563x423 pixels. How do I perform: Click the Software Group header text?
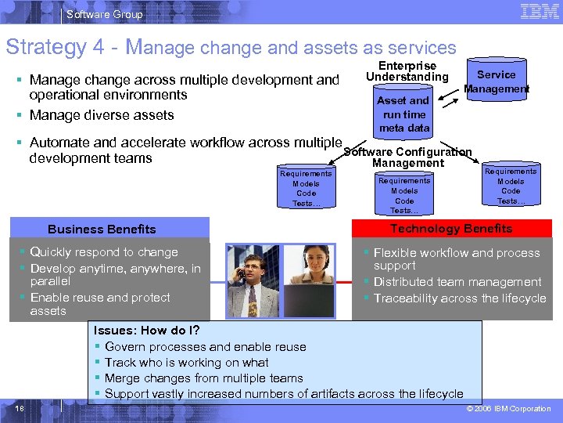pyautogui.click(x=105, y=14)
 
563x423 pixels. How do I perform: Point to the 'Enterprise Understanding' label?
pyautogui.click(x=407, y=71)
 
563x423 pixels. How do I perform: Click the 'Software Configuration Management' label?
pyautogui.click(x=408, y=157)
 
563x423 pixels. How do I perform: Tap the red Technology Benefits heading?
pyautogui.click(x=451, y=229)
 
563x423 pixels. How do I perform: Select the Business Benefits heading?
pyautogui.click(x=102, y=230)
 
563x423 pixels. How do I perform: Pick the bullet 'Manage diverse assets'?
pyautogui.click(x=102, y=115)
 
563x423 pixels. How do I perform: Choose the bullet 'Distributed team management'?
pyautogui.click(x=457, y=282)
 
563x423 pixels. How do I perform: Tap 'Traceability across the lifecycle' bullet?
pyautogui.click(x=460, y=298)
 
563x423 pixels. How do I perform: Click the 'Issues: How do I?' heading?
pyautogui.click(x=146, y=331)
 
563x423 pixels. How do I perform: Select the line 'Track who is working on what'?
pyautogui.click(x=186, y=363)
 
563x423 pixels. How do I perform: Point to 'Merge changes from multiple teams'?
pyautogui.click(x=203, y=378)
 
